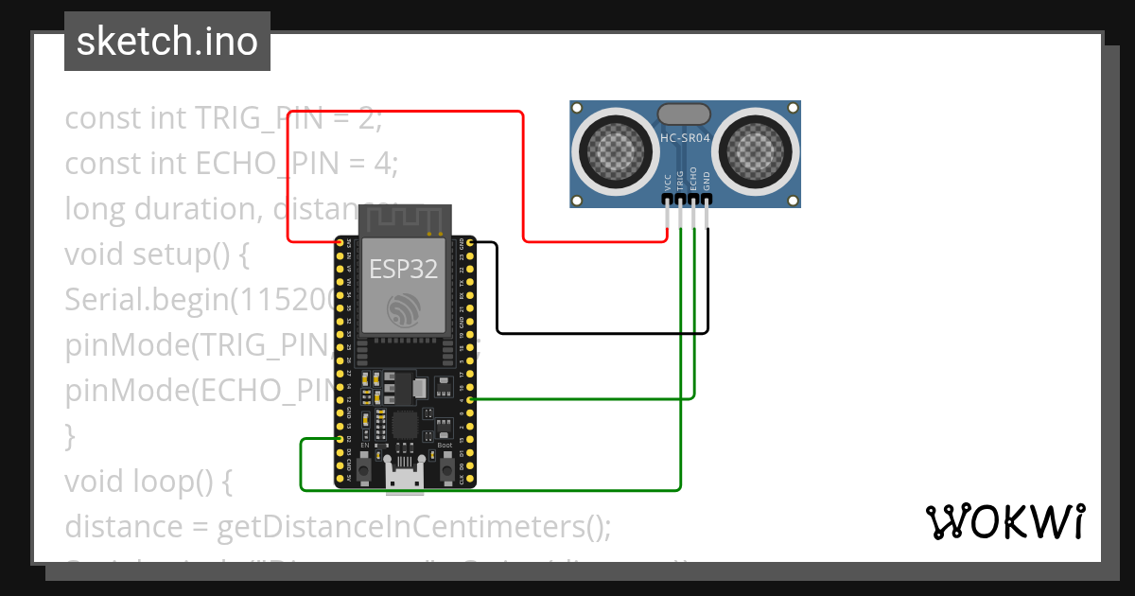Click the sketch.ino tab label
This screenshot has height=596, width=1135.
tap(166, 42)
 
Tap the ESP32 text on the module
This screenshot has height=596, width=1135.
tap(404, 269)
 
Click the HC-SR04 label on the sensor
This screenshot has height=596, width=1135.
tap(685, 138)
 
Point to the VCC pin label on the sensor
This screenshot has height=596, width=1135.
tap(668, 181)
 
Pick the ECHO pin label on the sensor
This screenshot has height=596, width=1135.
tap(693, 179)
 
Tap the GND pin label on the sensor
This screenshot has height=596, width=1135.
tap(707, 181)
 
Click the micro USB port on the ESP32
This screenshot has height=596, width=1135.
tap(405, 478)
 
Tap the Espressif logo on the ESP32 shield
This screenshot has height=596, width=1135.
tap(404, 310)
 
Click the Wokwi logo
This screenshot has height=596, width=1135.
tap(1004, 521)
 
